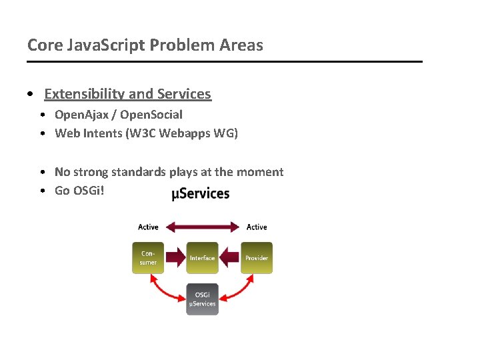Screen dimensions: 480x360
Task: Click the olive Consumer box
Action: pos(148,258)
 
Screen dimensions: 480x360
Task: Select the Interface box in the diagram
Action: pos(202,258)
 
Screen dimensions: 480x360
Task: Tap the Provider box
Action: pos(257,258)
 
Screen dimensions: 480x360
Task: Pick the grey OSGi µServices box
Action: pos(202,299)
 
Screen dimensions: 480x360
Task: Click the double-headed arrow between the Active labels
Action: pos(202,227)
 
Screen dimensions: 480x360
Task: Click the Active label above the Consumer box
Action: pos(148,227)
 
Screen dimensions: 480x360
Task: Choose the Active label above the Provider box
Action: pos(257,227)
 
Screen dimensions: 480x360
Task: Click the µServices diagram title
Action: pos(201,194)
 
